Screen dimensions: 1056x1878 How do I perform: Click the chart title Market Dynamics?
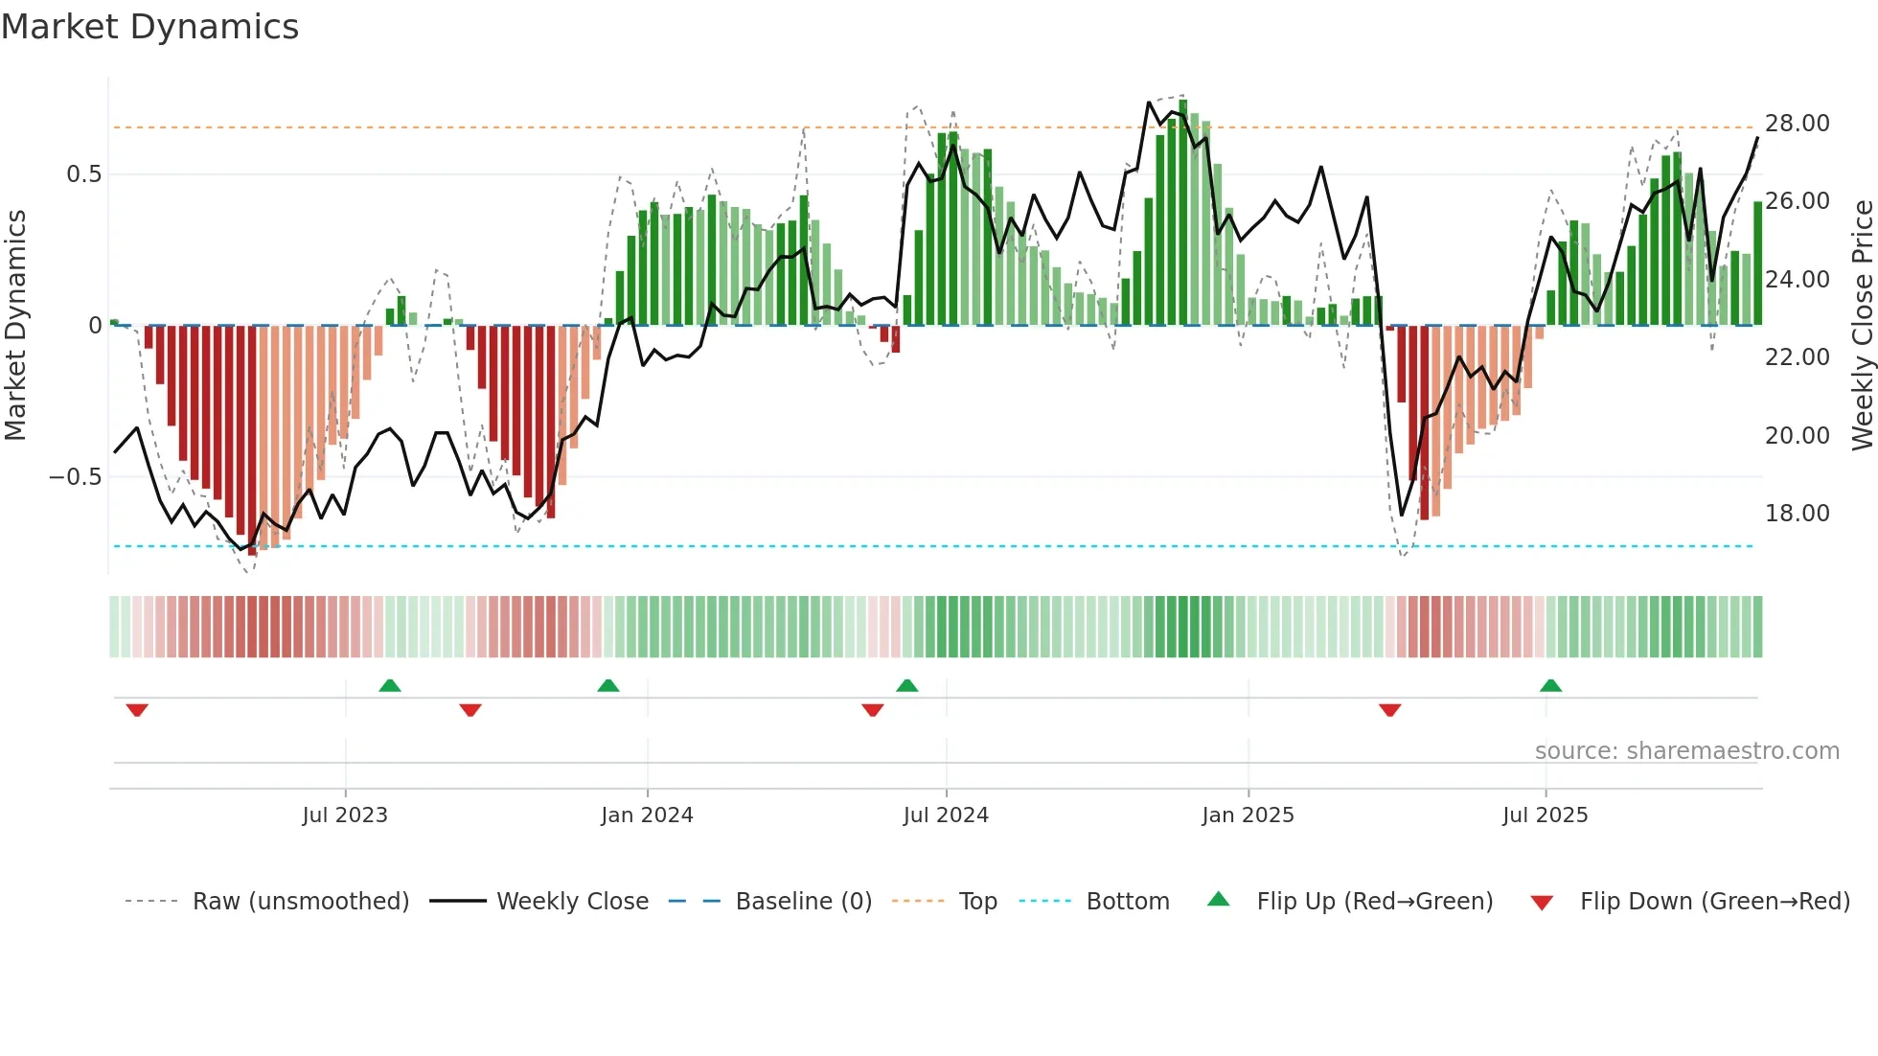149,27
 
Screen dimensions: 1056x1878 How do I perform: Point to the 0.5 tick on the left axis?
83,174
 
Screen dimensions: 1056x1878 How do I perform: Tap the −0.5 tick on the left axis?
75,477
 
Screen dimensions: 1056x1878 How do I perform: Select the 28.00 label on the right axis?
1797,124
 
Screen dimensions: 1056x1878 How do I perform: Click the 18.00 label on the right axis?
1797,514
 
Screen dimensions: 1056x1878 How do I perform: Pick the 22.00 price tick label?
1797,357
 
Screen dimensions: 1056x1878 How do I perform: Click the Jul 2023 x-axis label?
345,815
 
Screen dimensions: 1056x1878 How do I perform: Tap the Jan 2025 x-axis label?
1248,815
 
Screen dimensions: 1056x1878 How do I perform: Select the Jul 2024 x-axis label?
946,815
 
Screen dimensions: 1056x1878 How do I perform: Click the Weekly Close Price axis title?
1862,326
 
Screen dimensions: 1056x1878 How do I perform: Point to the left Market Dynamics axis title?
15,326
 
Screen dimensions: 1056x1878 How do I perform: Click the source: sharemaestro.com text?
1686,751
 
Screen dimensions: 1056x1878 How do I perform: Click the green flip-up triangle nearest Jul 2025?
1550,685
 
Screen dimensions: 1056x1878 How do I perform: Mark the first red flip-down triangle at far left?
137,710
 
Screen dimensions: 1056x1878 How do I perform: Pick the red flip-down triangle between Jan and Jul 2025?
1389,710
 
